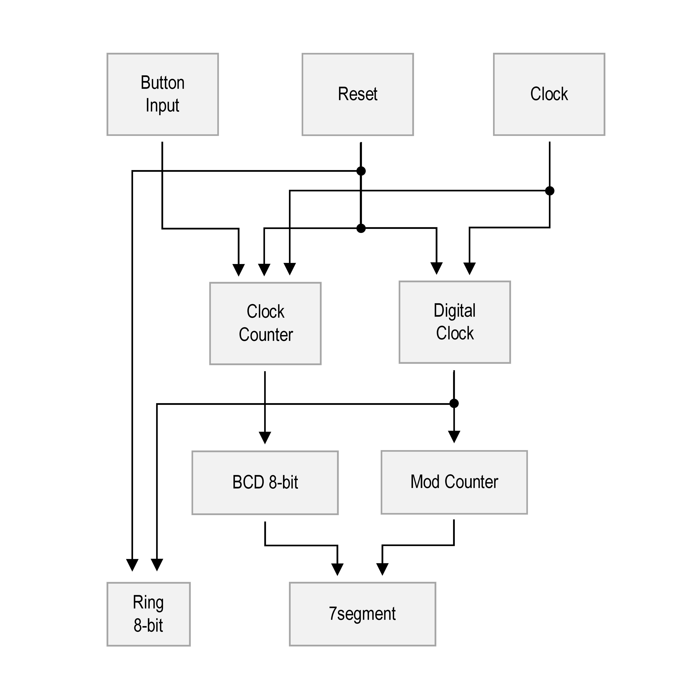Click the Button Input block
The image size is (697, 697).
click(163, 95)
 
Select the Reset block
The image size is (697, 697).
click(358, 95)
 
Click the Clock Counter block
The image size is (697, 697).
click(265, 324)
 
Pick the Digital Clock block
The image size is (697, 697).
click(455, 322)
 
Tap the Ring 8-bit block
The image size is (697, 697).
click(149, 614)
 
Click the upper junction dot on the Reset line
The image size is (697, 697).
click(361, 171)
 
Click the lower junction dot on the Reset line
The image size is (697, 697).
click(361, 228)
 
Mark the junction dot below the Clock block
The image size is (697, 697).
click(550, 191)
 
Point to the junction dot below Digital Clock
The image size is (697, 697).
click(454, 403)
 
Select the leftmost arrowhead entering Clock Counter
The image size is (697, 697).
click(239, 270)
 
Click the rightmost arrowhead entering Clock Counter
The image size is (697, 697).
click(290, 269)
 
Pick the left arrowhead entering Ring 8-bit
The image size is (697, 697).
click(132, 565)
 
